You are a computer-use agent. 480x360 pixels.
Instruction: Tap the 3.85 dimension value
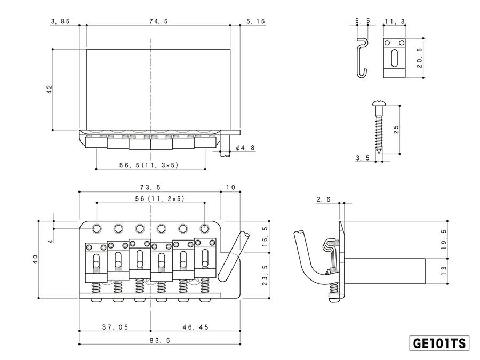pos(60,21)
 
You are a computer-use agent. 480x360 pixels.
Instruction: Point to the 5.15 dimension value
pos(256,21)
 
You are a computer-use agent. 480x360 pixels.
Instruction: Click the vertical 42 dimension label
pos(50,90)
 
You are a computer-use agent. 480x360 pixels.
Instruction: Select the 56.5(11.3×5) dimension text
pos(149,165)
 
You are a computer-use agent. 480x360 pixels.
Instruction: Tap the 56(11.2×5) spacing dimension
pos(151,198)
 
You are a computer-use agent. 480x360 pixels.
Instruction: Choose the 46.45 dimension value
pos(195,327)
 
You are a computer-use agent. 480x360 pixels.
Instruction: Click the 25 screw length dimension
pos(395,130)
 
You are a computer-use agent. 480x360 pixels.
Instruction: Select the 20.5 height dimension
pos(419,58)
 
